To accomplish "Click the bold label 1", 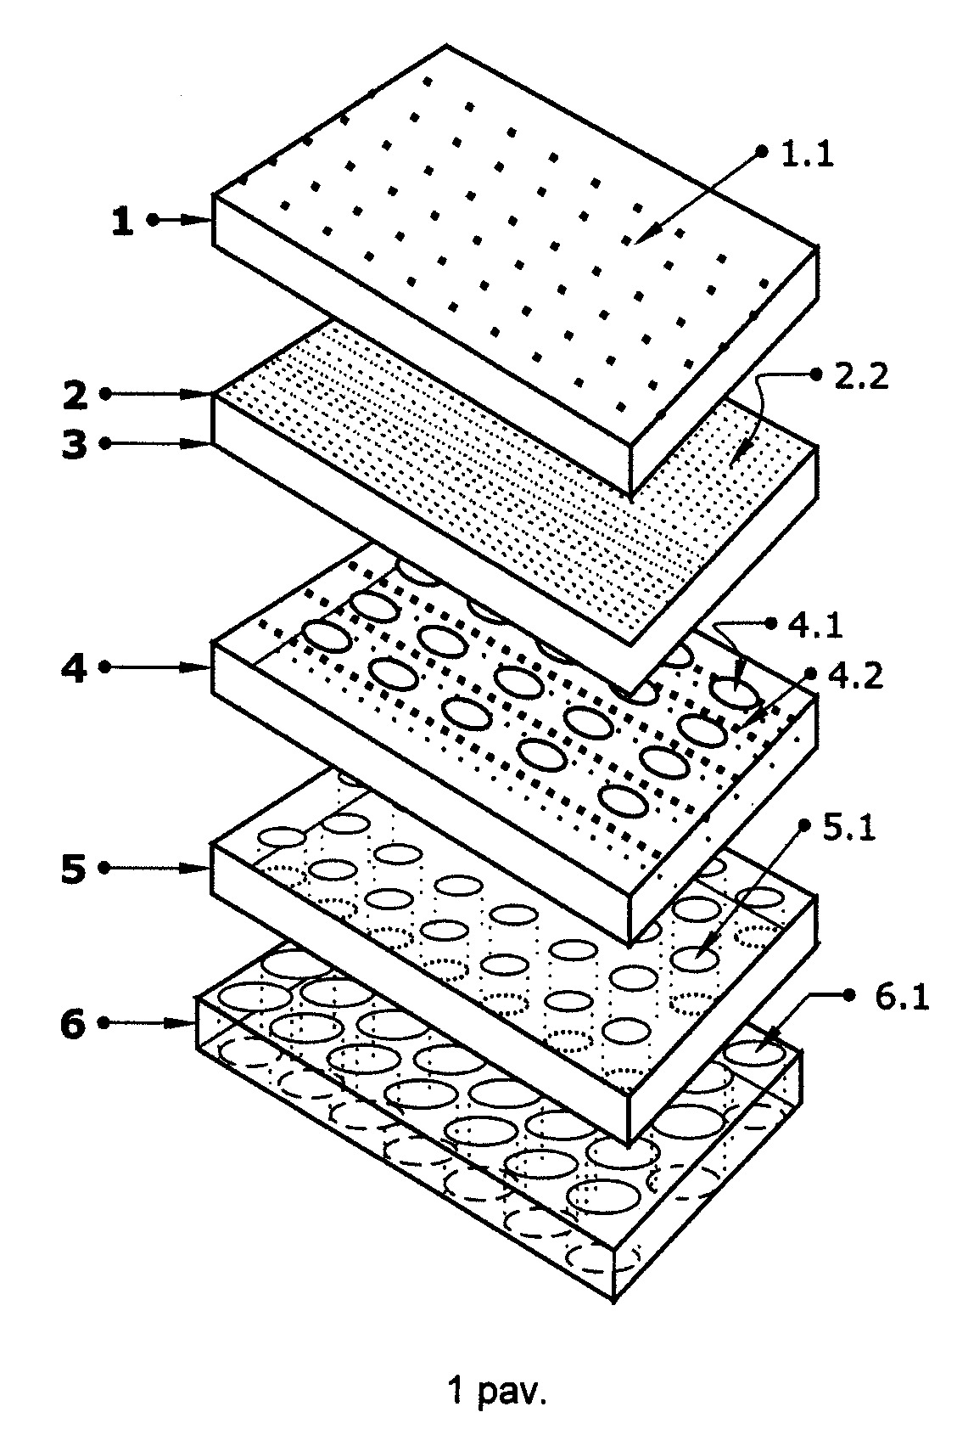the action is [x=123, y=220].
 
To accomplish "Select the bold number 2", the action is [x=75, y=395].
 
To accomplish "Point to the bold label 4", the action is [x=74, y=668].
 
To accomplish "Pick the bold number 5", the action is [x=74, y=869].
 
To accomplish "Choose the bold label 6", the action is [x=73, y=1024].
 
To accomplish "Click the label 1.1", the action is [x=808, y=155].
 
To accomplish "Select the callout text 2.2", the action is [x=861, y=375].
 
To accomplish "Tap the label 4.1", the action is [x=816, y=625].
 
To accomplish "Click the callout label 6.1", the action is [x=902, y=998].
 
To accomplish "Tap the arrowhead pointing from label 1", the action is [x=198, y=220].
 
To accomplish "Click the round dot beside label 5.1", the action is [x=804, y=825].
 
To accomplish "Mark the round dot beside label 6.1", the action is [x=849, y=996].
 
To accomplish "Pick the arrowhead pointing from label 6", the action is [x=181, y=1024].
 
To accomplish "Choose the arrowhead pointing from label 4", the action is [x=198, y=668].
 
